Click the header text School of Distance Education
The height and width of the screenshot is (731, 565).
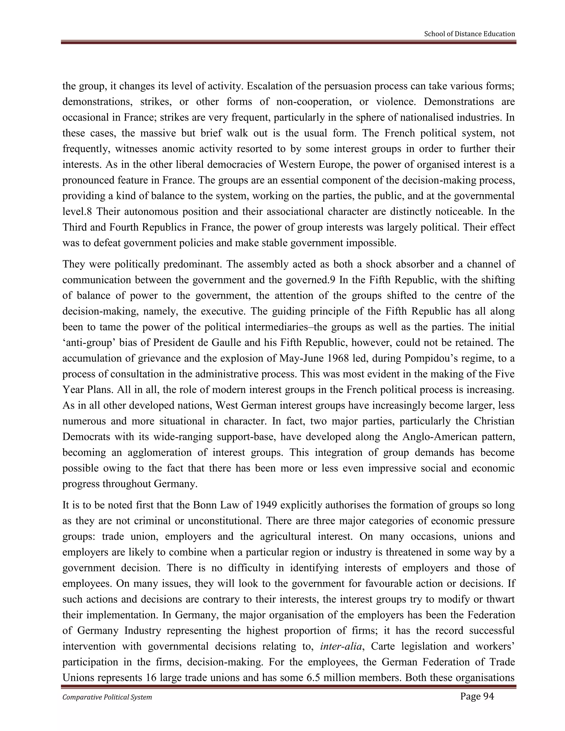click(x=469, y=34)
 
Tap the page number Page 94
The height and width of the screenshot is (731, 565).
click(x=477, y=697)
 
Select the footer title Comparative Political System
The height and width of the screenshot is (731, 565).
click(x=107, y=697)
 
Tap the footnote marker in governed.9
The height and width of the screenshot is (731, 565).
click(x=332, y=280)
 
